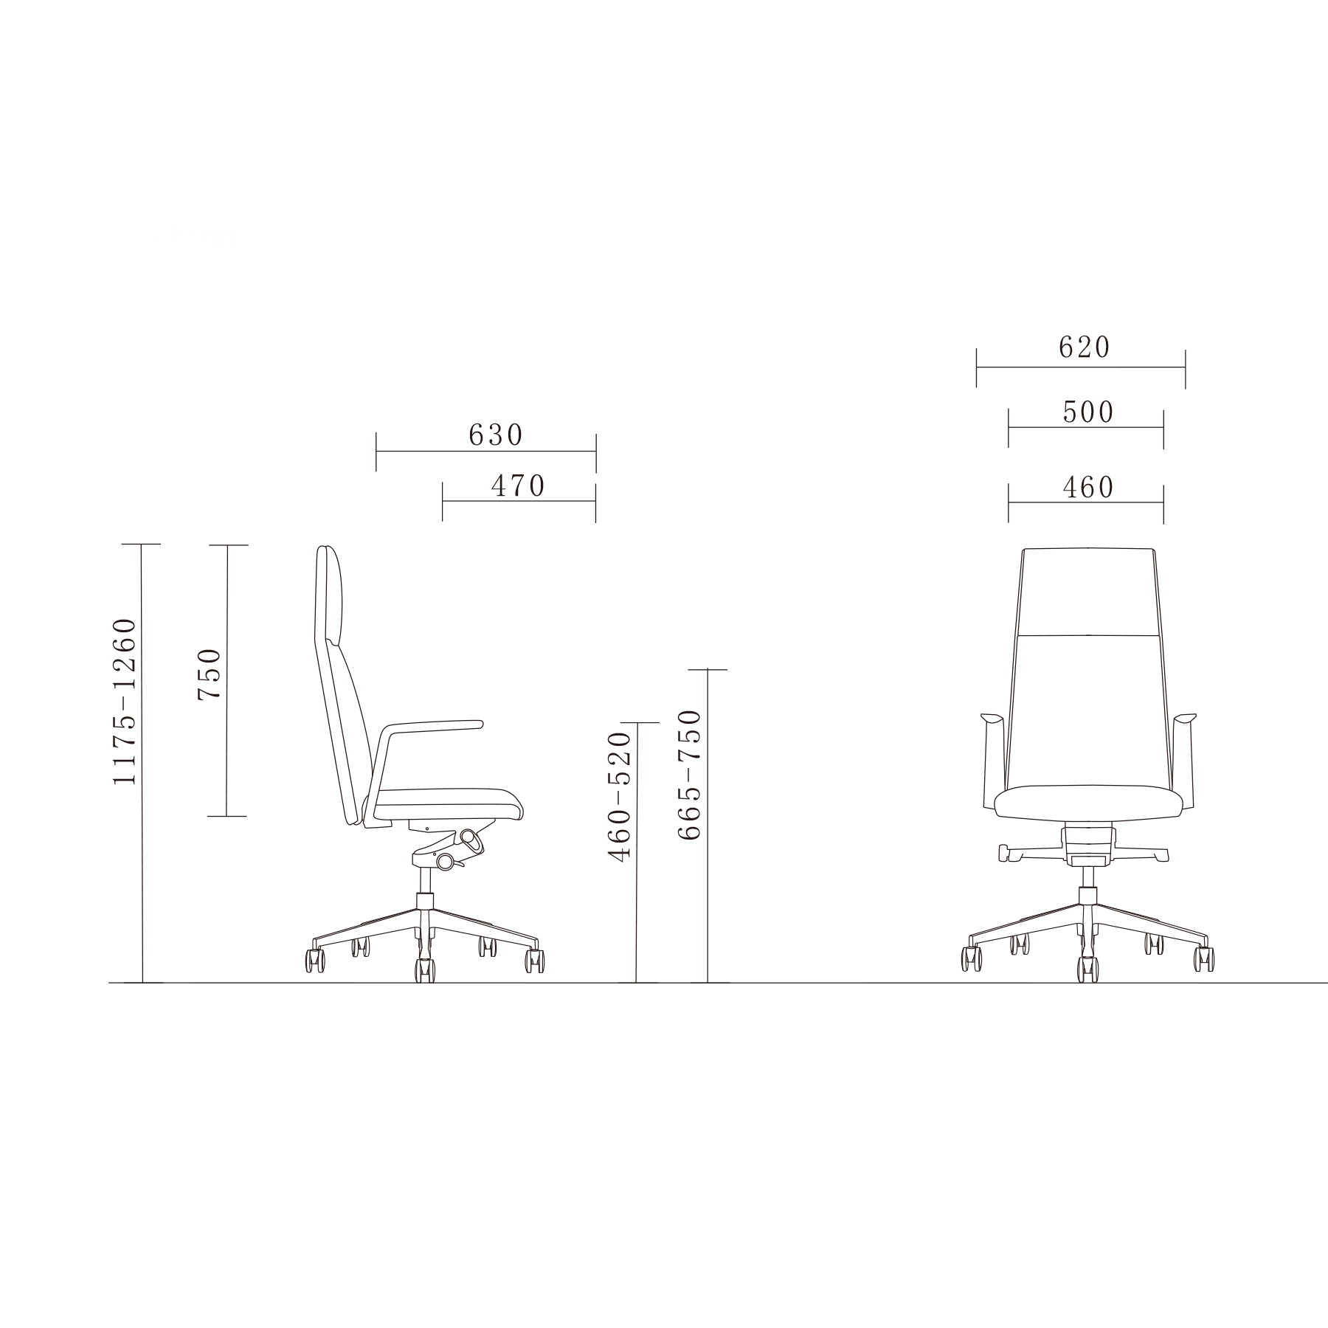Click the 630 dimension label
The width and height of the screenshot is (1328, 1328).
[496, 435]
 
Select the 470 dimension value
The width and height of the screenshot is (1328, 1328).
[518, 485]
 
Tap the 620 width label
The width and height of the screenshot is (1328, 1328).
[1084, 347]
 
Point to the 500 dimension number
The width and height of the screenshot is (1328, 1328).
[1088, 412]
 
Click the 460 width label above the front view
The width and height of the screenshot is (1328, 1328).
[1088, 487]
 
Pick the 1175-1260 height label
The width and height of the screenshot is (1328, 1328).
[124, 701]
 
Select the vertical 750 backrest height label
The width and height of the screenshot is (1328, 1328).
[210, 674]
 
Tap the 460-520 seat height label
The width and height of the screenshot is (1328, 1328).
[620, 797]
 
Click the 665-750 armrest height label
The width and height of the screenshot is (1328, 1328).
[689, 775]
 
